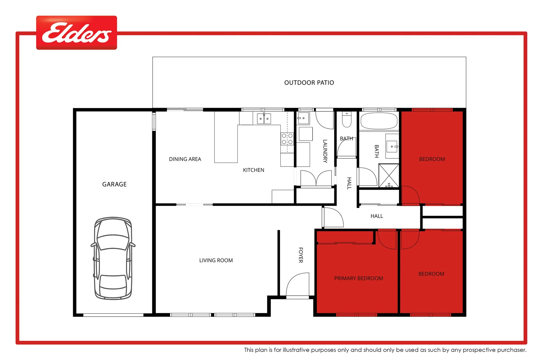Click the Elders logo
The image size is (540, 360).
click(x=76, y=33)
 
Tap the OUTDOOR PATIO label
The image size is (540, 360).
click(x=309, y=83)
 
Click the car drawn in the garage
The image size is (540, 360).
click(x=113, y=258)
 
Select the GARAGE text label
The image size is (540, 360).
click(x=114, y=184)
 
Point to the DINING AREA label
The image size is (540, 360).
click(x=185, y=159)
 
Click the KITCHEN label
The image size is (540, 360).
click(x=253, y=170)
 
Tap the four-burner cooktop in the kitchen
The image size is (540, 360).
click(x=287, y=139)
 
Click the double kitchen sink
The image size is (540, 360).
click(x=264, y=118)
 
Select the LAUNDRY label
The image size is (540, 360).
click(x=325, y=151)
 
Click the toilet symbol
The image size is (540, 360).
click(x=347, y=120)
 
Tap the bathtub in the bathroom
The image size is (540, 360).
click(x=379, y=121)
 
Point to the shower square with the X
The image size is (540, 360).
click(x=389, y=175)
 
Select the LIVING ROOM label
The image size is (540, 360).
click(x=216, y=260)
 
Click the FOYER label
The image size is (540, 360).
click(x=301, y=255)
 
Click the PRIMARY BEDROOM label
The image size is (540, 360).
click(x=358, y=278)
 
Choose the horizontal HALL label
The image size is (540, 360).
click(x=377, y=216)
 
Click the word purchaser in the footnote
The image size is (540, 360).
click(x=512, y=350)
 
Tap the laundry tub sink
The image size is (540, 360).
click(x=303, y=118)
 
